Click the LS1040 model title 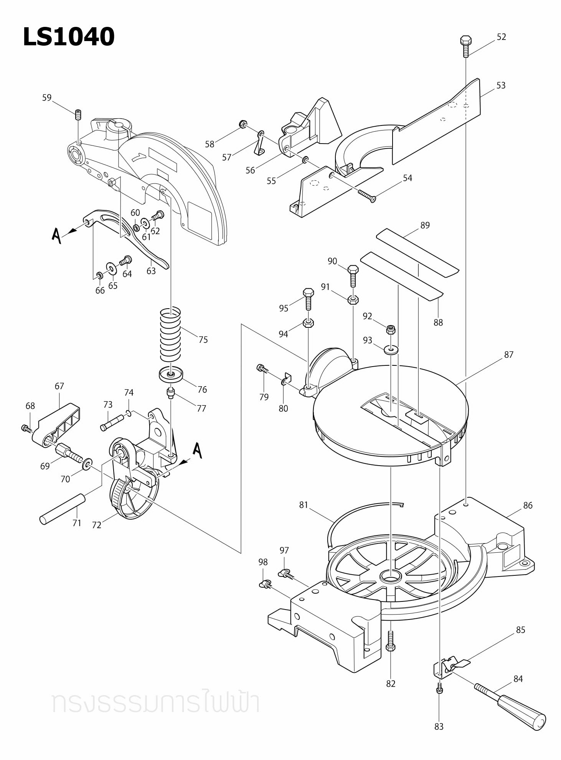click(x=69, y=37)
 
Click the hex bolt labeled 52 click(x=465, y=46)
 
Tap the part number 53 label click(x=501, y=85)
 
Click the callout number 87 click(x=508, y=355)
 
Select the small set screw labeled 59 click(x=78, y=114)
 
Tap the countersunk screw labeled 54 click(x=367, y=195)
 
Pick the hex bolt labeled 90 click(x=353, y=275)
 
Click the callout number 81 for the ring click(x=304, y=505)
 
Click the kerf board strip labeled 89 click(x=417, y=253)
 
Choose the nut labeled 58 click(x=243, y=124)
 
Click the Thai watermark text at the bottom click(x=155, y=703)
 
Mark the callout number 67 click(x=59, y=386)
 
